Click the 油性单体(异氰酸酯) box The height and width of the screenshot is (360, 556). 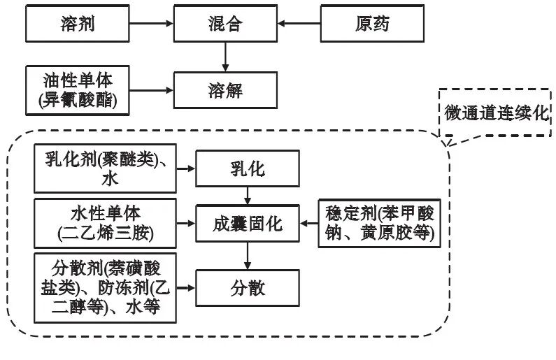pyautogui.click(x=77, y=89)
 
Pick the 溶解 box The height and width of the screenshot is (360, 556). pyautogui.click(x=225, y=89)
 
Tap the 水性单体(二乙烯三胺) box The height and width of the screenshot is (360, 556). pyautogui.click(x=105, y=223)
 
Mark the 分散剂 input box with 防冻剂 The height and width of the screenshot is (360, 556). pyautogui.click(x=105, y=287)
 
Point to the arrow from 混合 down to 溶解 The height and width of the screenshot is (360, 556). pyautogui.click(x=225, y=56)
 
